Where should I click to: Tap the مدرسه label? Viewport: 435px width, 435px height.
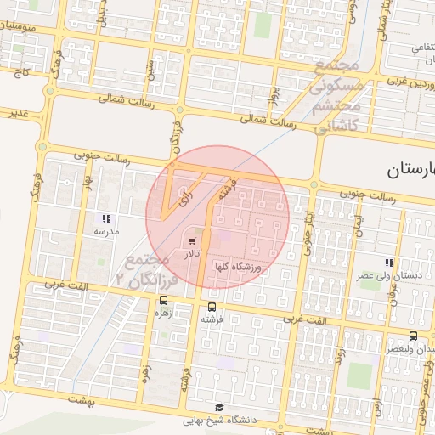point(107,231)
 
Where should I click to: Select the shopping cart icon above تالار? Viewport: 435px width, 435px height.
point(191,242)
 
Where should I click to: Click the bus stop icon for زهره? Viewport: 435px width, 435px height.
point(162,300)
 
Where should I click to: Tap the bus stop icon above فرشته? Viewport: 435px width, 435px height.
point(212,307)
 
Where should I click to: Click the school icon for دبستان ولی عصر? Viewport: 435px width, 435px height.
point(388,263)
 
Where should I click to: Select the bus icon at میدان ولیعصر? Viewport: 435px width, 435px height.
point(413,336)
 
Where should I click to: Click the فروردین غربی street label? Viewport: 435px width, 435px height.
point(389,83)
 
